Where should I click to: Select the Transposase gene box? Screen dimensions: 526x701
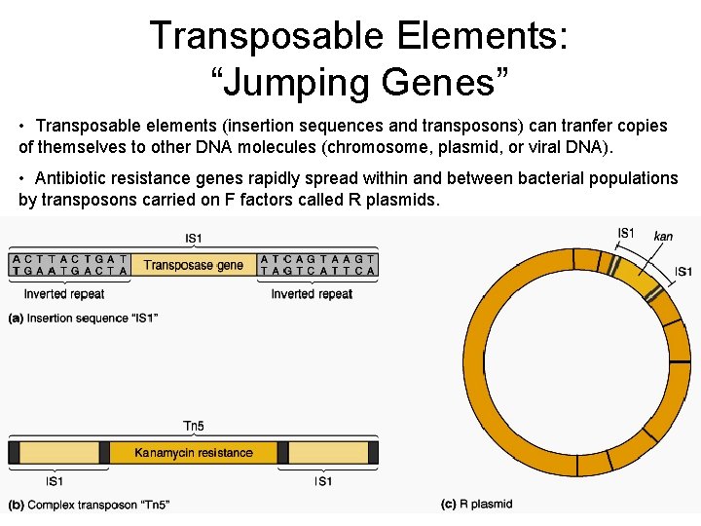tap(194, 265)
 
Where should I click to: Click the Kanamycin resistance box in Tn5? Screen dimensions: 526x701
tap(193, 453)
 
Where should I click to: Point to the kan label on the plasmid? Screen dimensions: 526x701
tap(663, 236)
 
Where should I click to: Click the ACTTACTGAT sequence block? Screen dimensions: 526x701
tap(69, 265)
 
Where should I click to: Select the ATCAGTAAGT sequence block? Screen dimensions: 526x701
tap(317, 265)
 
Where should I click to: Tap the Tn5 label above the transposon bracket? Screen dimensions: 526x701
tap(194, 426)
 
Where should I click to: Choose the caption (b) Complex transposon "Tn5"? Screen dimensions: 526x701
tap(90, 505)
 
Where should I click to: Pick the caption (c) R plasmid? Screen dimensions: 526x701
tap(477, 504)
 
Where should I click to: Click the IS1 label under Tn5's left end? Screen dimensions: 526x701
tap(55, 481)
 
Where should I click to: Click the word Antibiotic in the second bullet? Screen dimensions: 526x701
tap(71, 178)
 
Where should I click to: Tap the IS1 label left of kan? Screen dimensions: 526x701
tap(626, 233)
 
